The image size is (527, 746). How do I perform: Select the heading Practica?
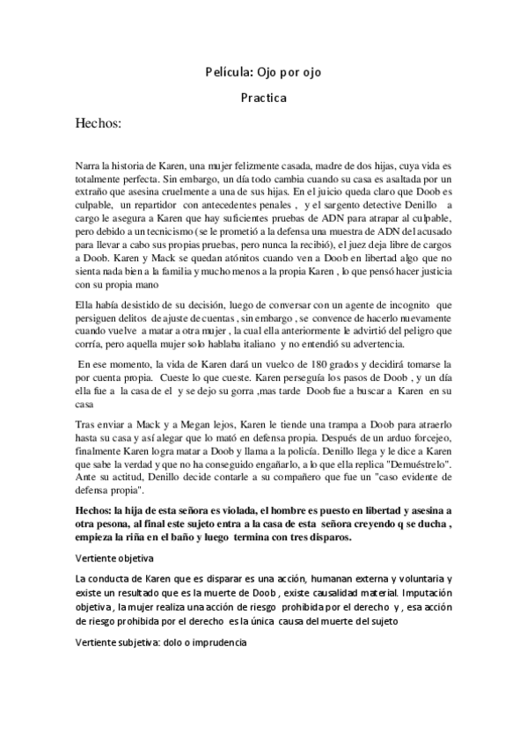coord(263,99)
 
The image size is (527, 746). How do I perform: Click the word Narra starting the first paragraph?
coord(90,165)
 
